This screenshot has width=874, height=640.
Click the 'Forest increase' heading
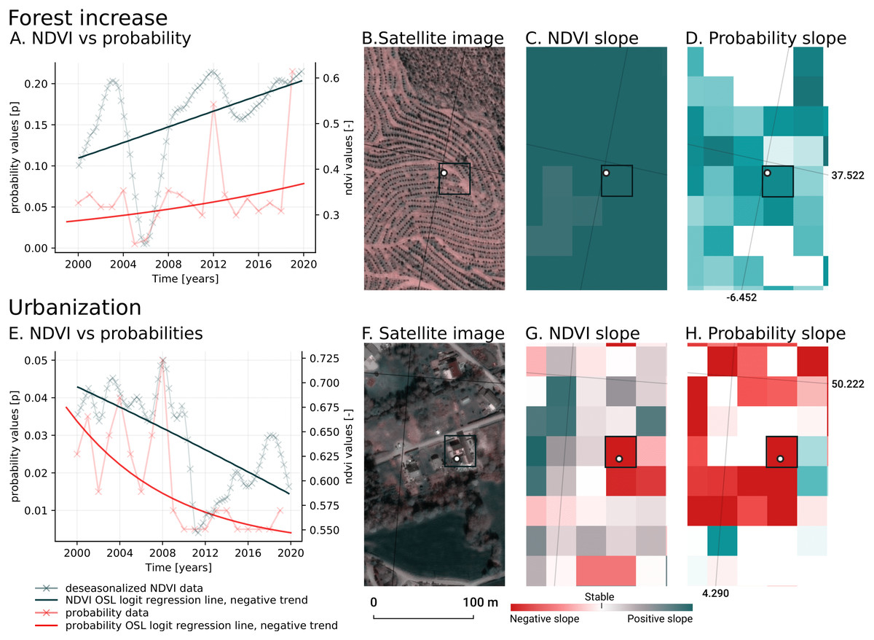tap(89, 17)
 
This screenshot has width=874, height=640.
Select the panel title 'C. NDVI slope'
tap(582, 38)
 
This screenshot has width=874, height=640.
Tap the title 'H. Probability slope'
tap(765, 333)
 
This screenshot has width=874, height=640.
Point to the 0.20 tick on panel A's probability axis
tap(37, 84)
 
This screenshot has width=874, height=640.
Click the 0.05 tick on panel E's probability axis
tap(37, 361)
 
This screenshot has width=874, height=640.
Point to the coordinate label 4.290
tap(715, 593)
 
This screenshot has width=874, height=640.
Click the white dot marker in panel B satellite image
tap(444, 173)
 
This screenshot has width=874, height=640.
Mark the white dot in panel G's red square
tap(619, 458)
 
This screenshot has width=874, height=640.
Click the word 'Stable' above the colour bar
tap(599, 596)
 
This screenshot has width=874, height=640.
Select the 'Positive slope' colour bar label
tap(660, 619)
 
